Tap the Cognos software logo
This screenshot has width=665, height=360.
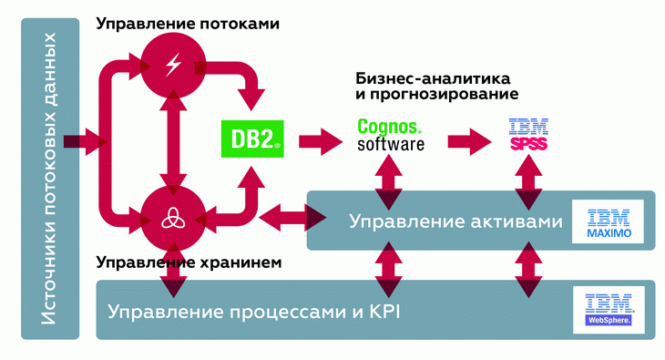[x=390, y=136]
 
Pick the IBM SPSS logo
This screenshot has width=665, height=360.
[x=528, y=137]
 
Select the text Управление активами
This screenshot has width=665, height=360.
[x=451, y=221]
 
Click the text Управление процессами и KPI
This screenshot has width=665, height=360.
[x=254, y=313]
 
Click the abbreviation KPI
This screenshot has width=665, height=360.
[x=384, y=313]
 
